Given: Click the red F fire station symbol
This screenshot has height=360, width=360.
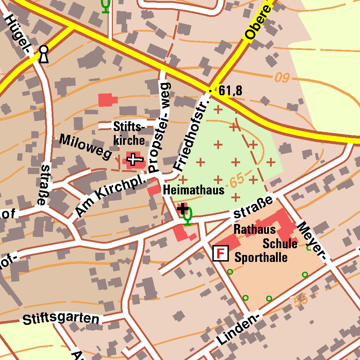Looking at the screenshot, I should coord(220,253).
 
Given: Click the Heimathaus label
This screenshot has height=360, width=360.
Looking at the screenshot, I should coord(193,191).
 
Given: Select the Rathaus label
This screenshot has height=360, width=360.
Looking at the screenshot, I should coord(255,230).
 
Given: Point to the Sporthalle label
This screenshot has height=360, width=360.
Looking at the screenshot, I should coord(261,258).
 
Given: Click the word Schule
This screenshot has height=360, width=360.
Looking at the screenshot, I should coord(280,244).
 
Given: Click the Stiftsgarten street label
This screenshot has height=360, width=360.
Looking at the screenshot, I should coord(61,319).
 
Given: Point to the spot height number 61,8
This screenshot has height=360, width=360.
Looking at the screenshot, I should coord(230,91).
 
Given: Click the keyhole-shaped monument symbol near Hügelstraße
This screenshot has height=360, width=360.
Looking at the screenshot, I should coord(43,54).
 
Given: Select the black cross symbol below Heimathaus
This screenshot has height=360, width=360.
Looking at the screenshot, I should coord(182,209).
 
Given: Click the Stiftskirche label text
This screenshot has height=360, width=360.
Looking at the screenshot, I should coord(129,134).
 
